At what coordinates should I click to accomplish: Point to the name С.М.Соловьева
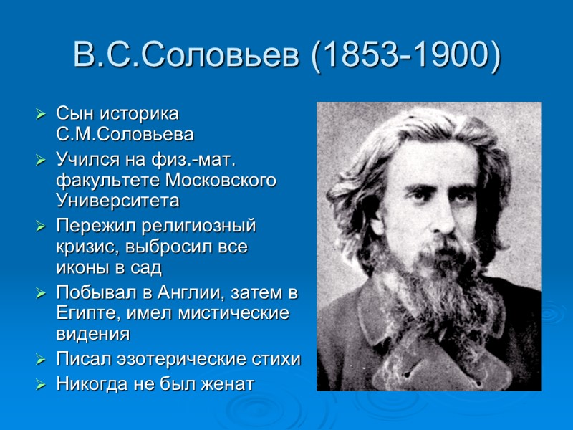coord(125,134)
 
